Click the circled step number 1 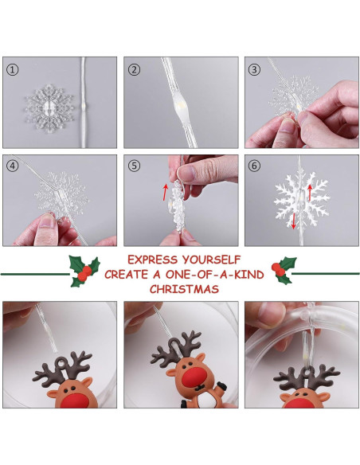(12, 70)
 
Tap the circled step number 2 (134, 70)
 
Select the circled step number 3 (254, 70)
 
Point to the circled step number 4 (12, 166)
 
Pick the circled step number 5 (134, 166)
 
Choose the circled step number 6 (254, 166)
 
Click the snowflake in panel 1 (49, 108)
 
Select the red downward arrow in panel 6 (294, 221)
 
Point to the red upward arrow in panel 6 (310, 193)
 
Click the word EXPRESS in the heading (152, 260)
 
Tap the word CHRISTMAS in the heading (184, 289)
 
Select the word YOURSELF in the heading (211, 260)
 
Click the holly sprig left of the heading (84, 271)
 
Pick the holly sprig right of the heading (284, 271)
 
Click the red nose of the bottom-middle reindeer (193, 377)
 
